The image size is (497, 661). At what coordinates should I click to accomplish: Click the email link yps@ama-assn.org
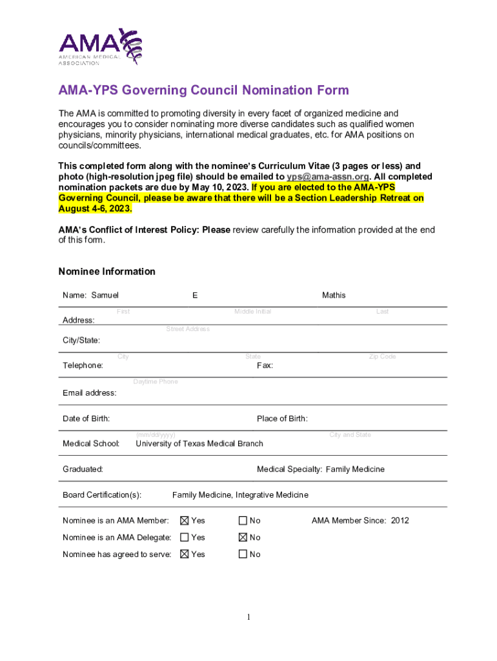(x=328, y=177)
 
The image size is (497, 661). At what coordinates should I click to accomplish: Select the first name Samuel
(x=105, y=296)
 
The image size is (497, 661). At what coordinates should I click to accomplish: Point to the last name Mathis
(x=334, y=296)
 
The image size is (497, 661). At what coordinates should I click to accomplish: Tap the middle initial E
(x=195, y=296)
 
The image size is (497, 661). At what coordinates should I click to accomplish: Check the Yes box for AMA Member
(x=185, y=521)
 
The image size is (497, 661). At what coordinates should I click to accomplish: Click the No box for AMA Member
(x=243, y=521)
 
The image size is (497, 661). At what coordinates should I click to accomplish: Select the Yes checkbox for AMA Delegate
(x=185, y=538)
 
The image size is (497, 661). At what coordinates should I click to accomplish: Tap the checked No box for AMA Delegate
(x=243, y=538)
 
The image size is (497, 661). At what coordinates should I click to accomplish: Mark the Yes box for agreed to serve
(x=185, y=554)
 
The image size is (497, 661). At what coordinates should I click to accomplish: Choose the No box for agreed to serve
(x=243, y=554)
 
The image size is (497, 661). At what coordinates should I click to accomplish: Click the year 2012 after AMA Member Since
(x=400, y=521)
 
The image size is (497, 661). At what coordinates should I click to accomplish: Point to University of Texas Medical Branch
(x=199, y=443)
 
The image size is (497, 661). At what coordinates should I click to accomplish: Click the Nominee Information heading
(x=107, y=272)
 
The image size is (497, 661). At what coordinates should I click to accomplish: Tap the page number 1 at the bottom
(x=249, y=618)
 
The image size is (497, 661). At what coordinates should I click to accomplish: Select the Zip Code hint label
(x=382, y=357)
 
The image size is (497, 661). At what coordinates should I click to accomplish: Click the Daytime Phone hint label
(x=156, y=382)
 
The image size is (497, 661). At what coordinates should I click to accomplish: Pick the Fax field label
(x=265, y=366)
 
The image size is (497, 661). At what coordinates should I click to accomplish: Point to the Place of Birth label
(x=282, y=419)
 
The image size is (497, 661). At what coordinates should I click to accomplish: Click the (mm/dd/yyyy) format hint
(x=156, y=435)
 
